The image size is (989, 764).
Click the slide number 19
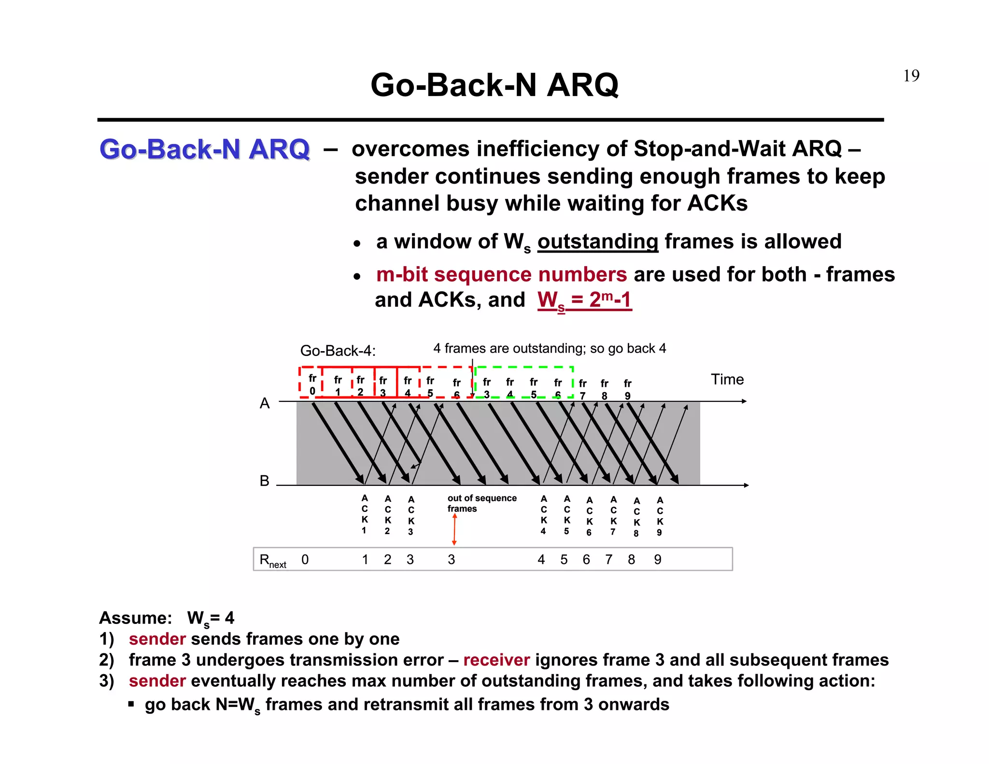[x=911, y=76]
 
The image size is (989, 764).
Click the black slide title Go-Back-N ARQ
[x=494, y=85]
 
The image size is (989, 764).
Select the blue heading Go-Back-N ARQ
[x=204, y=149]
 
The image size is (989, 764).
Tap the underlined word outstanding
[x=597, y=241]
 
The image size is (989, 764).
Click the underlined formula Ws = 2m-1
[x=584, y=300]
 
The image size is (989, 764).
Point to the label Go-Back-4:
[x=338, y=351]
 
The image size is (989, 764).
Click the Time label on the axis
[x=727, y=380]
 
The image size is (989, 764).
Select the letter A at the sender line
[x=265, y=403]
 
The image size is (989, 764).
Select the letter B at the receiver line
[x=264, y=481]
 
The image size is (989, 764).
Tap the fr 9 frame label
[x=627, y=389]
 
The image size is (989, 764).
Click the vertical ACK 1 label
[x=365, y=514]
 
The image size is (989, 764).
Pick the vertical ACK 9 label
[x=660, y=516]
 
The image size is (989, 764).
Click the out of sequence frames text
[x=481, y=503]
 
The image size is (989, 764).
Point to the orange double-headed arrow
[x=454, y=530]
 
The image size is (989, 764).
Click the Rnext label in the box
[x=272, y=560]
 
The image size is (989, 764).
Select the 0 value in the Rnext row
[x=305, y=560]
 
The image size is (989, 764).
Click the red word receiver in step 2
[x=496, y=660]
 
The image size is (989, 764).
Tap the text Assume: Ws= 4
[x=167, y=618]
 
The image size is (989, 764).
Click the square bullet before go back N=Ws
[x=131, y=704]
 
